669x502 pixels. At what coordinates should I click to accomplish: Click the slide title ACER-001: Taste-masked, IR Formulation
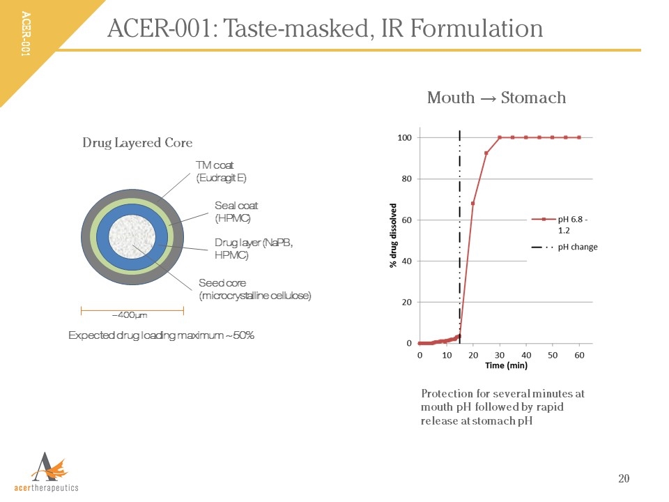tap(325, 29)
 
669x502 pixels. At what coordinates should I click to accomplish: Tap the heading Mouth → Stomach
tap(496, 98)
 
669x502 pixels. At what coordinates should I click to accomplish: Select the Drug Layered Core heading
tap(137, 143)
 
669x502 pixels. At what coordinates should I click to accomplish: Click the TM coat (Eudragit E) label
tap(221, 172)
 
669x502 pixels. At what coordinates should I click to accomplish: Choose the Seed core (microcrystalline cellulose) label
tap(254, 289)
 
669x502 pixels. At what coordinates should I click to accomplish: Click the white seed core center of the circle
tap(132, 238)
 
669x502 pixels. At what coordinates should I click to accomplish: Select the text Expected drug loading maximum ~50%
tap(161, 335)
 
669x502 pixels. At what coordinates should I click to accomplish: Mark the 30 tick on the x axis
tap(500, 355)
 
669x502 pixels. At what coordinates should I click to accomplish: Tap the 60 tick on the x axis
tap(579, 355)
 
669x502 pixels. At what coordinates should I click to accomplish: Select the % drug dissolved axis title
tap(393, 235)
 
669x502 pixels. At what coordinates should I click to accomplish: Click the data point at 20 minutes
tap(473, 204)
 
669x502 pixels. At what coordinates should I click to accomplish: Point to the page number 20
tap(624, 478)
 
